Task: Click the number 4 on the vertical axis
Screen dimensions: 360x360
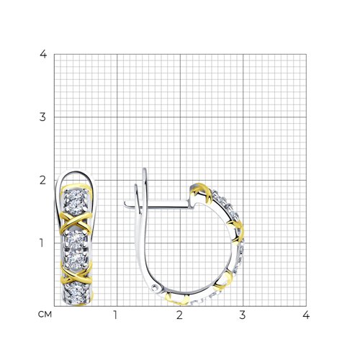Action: coord(43,54)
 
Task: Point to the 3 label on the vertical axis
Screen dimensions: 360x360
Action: coord(42,117)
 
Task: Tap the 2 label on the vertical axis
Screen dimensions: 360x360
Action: coord(42,180)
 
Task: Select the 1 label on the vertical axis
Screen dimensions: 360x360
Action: coord(42,243)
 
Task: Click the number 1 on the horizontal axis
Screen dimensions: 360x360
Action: coord(115,315)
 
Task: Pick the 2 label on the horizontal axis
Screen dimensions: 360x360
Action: coord(179,315)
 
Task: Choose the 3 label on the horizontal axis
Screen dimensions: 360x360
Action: coord(243,315)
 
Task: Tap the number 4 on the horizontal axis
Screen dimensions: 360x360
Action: coord(306,315)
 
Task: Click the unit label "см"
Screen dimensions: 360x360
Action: coord(45,315)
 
